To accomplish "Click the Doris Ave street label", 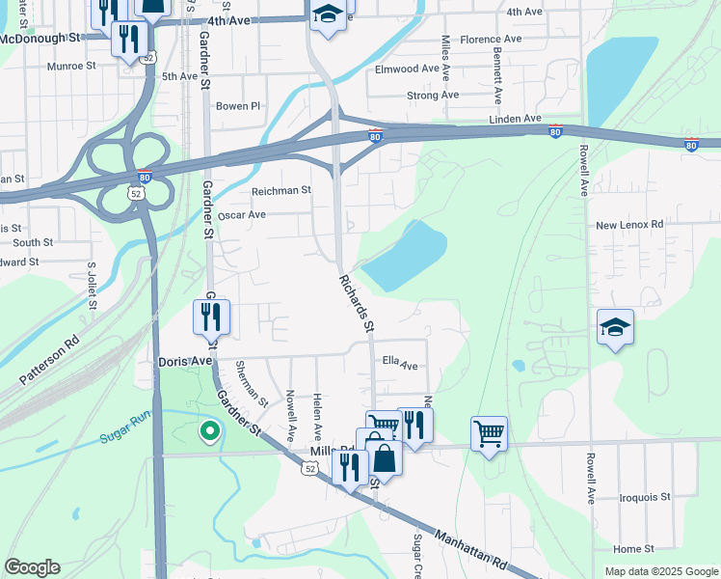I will click(184, 361).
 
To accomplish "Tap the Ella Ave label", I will click(400, 366).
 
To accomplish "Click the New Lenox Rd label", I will click(629, 225).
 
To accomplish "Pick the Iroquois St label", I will click(644, 497).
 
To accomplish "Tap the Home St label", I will click(633, 549).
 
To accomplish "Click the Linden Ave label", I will click(516, 119).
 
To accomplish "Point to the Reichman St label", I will click(280, 191).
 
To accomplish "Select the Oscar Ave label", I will click(242, 215).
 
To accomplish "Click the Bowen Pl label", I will click(238, 106).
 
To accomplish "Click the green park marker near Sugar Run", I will click(207, 431).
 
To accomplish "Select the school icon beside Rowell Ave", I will click(615, 328).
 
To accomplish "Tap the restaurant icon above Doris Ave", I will click(211, 316).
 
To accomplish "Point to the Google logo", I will click(32, 567).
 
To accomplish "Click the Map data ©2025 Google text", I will click(661, 571).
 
